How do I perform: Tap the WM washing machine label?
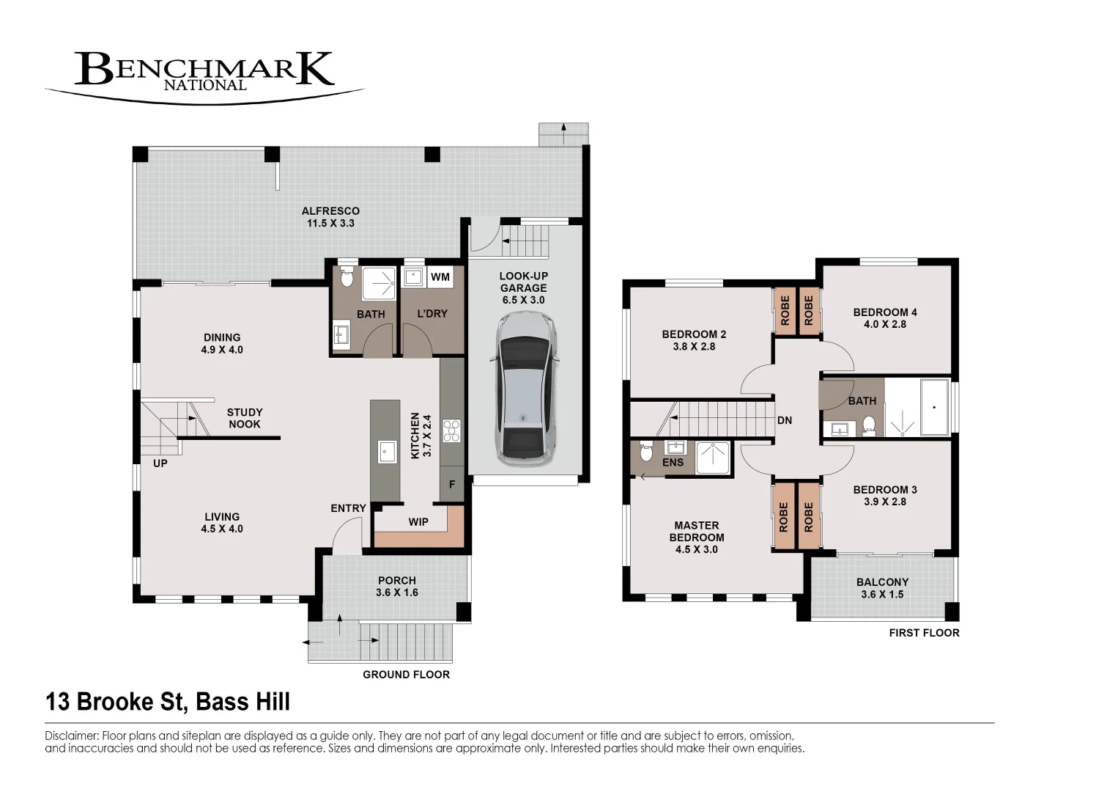[440, 276]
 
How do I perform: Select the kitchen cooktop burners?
[452, 431]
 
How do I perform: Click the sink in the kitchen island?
[386, 452]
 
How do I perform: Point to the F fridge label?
[452, 484]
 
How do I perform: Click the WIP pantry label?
[418, 522]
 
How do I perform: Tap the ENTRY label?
[349, 508]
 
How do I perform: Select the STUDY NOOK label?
[245, 418]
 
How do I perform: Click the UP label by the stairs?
[160, 463]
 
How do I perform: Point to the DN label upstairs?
[785, 420]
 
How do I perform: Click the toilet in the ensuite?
[646, 452]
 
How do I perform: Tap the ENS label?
[673, 463]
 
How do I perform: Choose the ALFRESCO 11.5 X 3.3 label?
[330, 217]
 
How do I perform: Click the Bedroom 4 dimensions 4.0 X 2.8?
[885, 324]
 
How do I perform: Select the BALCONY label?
[882, 582]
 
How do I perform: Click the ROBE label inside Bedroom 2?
[785, 310]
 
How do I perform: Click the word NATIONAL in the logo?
[205, 85]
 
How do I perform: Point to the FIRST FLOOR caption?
[925, 633]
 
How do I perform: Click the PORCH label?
[397, 581]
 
